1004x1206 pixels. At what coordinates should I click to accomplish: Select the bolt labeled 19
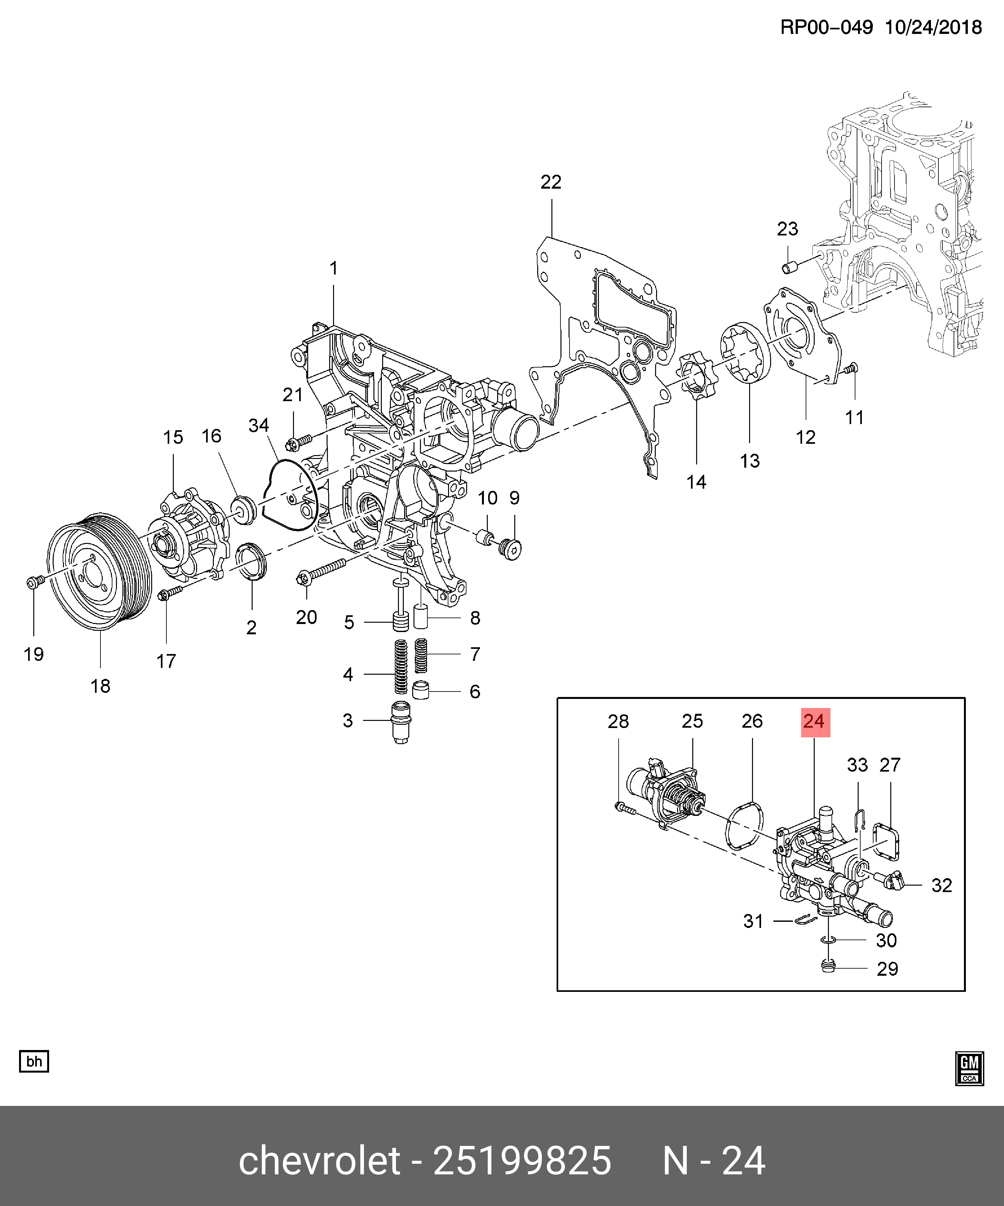point(33,582)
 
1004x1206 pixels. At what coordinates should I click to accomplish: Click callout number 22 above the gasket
point(550,182)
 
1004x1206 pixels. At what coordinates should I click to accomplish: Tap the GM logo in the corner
point(969,1068)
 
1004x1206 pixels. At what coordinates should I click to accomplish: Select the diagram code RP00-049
point(826,27)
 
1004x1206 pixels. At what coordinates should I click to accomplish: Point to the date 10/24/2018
point(933,27)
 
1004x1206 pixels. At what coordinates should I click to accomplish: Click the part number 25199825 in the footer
point(521,1161)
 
